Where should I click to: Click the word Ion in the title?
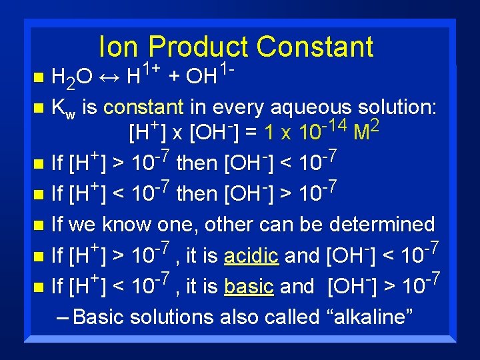[x=120, y=47]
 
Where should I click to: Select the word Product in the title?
[x=198, y=47]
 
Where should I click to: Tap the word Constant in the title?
[x=315, y=47]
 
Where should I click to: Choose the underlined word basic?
[x=249, y=287]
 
